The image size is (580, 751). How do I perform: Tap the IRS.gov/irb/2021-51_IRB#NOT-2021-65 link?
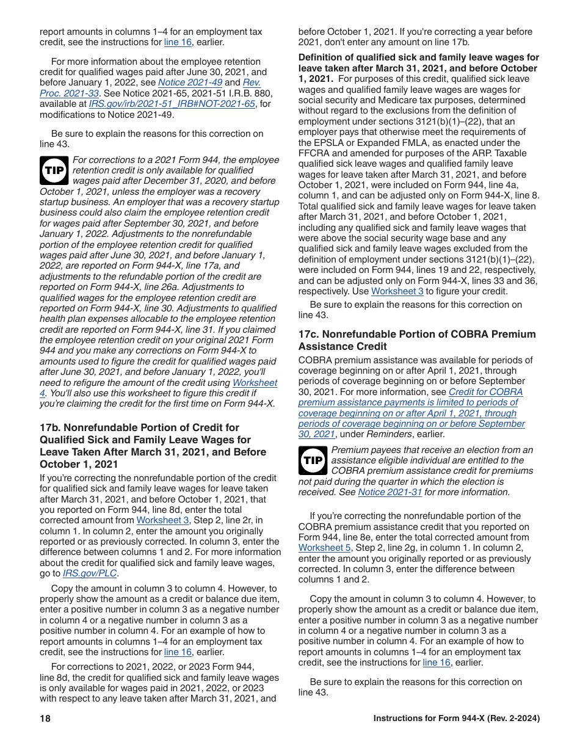click(172, 104)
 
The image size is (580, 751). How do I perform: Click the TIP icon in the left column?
click(54, 170)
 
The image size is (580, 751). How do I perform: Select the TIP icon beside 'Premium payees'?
click(313, 460)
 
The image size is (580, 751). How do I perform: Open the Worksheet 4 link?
click(255, 383)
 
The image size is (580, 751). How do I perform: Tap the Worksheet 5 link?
click(321, 548)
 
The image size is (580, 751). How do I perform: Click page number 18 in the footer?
click(45, 719)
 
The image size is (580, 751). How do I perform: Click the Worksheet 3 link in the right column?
click(397, 291)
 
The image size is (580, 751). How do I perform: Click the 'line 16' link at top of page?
click(178, 42)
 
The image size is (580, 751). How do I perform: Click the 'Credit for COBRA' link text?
click(485, 392)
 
